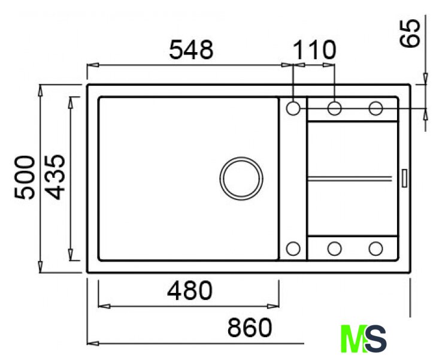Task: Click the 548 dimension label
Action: tap(192, 50)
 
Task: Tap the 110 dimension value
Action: tap(315, 50)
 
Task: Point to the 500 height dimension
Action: tap(25, 177)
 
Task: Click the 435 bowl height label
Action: tap(55, 177)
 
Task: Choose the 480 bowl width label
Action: tap(189, 290)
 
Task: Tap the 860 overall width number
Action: tap(250, 327)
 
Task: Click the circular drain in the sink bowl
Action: tap(241, 179)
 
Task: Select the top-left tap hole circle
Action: tap(293, 108)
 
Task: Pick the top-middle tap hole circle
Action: tap(335, 108)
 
